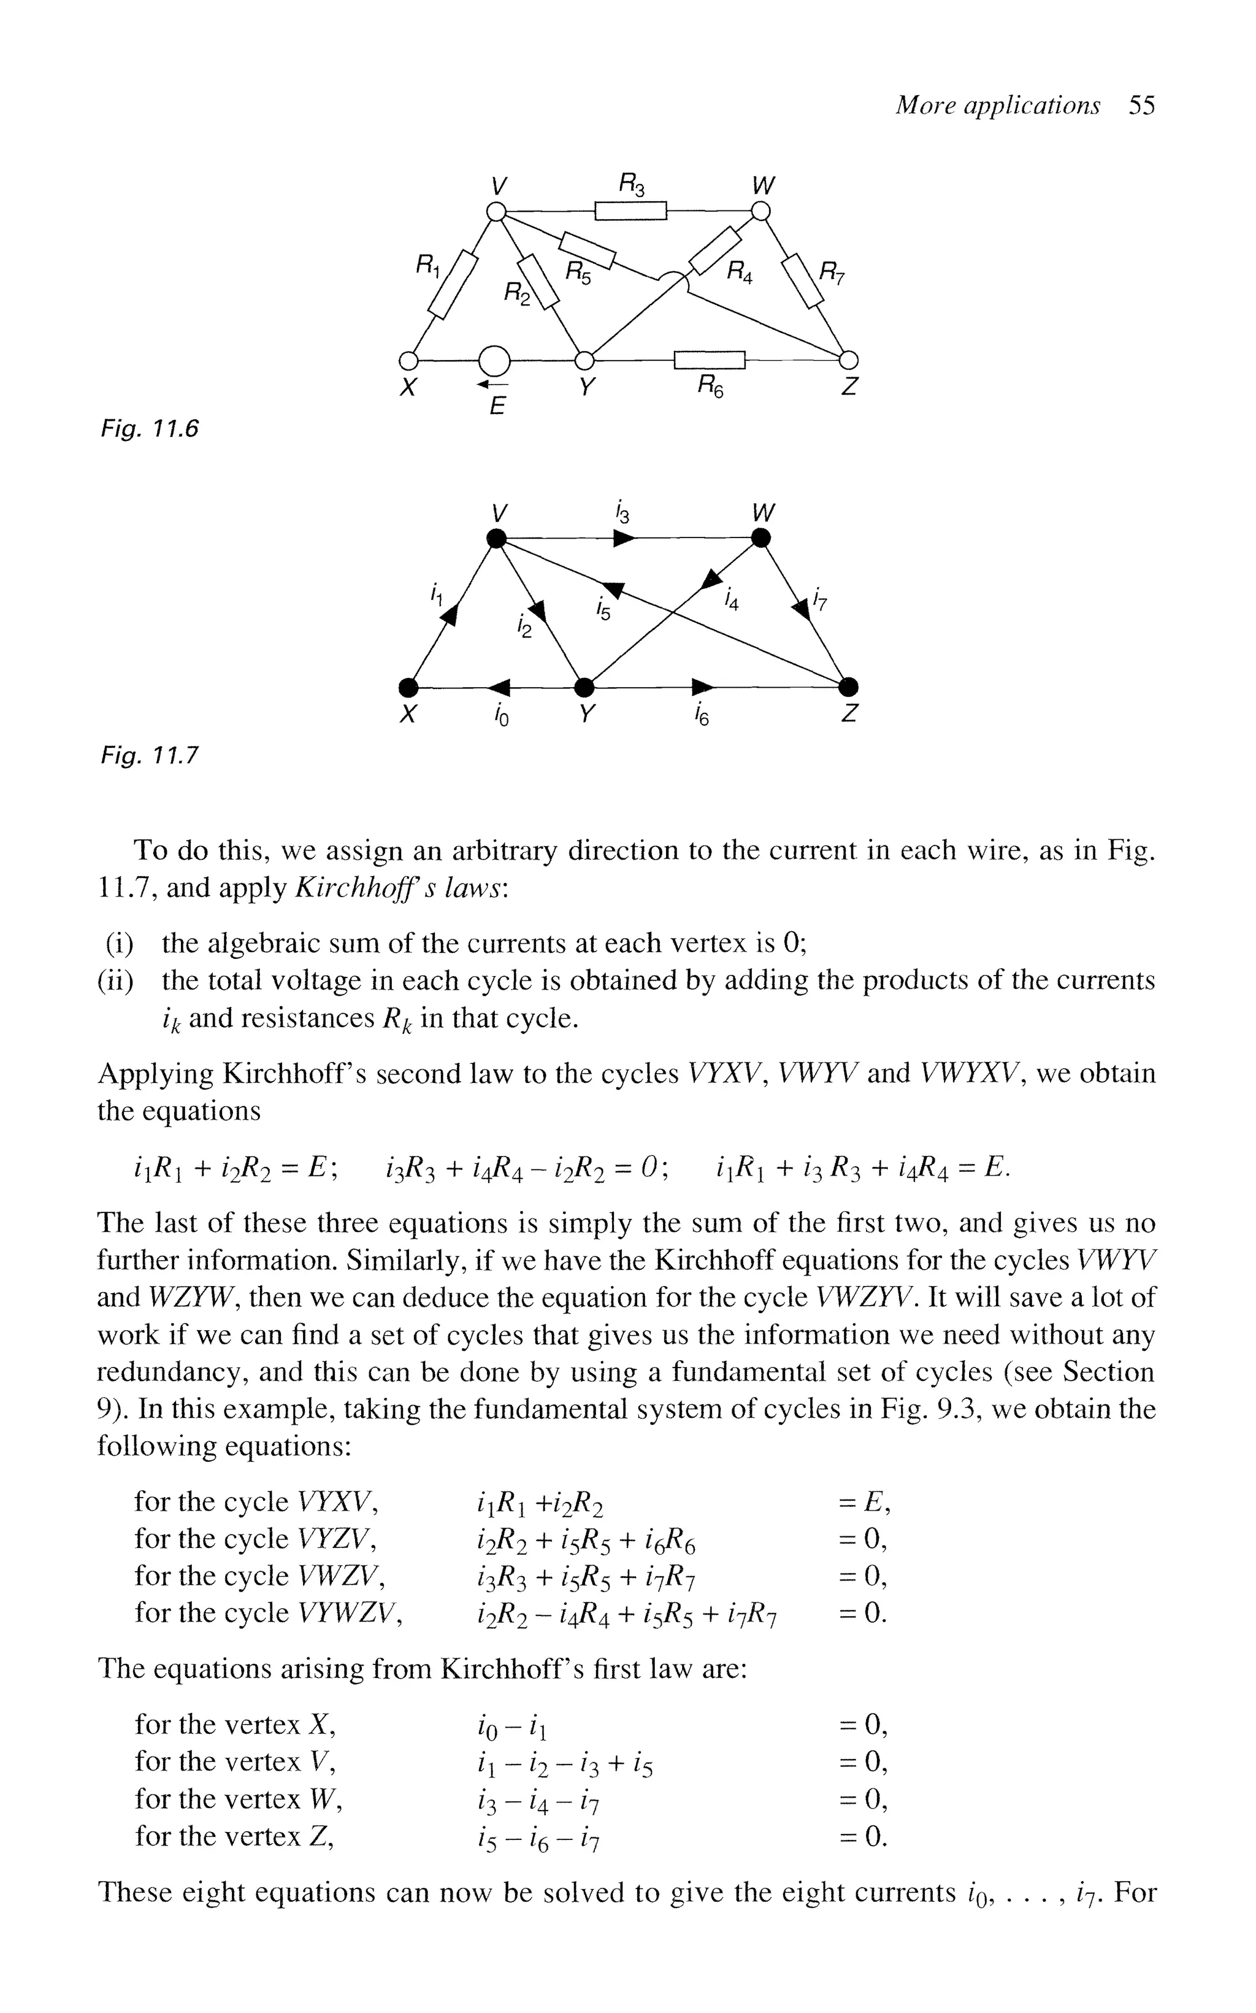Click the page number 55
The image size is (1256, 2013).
pyautogui.click(x=1141, y=106)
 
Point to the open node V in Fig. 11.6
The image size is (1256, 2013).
pyautogui.click(x=496, y=212)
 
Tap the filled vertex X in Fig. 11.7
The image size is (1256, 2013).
pyautogui.click(x=407, y=687)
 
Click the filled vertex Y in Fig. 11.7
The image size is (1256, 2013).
pyautogui.click(x=585, y=687)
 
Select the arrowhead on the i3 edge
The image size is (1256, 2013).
pyautogui.click(x=625, y=539)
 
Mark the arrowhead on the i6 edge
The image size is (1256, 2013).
pyautogui.click(x=703, y=687)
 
